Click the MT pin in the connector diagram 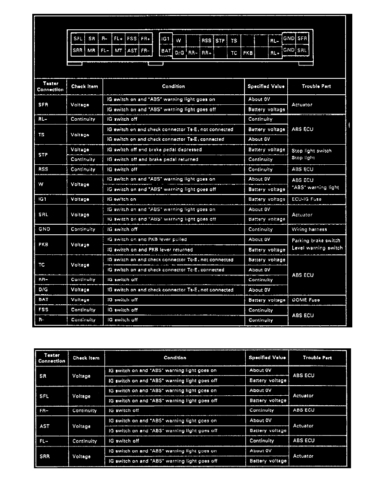coord(118,51)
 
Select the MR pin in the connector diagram coord(91,51)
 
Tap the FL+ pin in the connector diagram coord(118,39)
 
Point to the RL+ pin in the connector coord(275,53)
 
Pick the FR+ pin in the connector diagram coord(145,39)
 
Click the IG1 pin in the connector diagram coord(165,39)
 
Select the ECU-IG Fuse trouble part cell coord(307,200)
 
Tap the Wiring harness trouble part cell coord(309,230)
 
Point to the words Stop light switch coord(311,151)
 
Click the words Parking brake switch coord(316,241)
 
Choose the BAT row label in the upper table coord(43,300)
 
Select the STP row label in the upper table coord(43,155)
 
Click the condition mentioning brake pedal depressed coord(154,150)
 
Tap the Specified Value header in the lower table coord(267,358)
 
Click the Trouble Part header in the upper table coord(316,86)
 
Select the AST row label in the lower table coord(44,426)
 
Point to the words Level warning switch coord(317,248)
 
